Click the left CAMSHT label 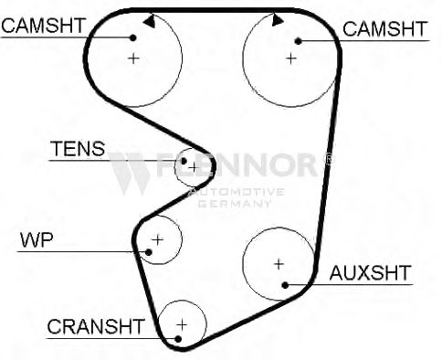43,26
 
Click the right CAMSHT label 385,29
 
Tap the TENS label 78,149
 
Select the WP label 37,240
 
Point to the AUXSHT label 371,273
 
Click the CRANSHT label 96,326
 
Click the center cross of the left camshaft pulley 133,58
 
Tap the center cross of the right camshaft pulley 291,58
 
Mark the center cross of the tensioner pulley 194,167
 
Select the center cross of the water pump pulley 158,240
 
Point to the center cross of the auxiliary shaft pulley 279,264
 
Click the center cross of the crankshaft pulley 182,325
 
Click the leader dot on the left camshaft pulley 132,37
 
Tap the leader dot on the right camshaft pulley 299,41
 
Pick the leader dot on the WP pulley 149,252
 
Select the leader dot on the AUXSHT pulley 285,285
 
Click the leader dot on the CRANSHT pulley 178,339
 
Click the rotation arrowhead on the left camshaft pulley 150,22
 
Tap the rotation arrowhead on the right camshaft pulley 278,20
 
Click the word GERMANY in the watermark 235,204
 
